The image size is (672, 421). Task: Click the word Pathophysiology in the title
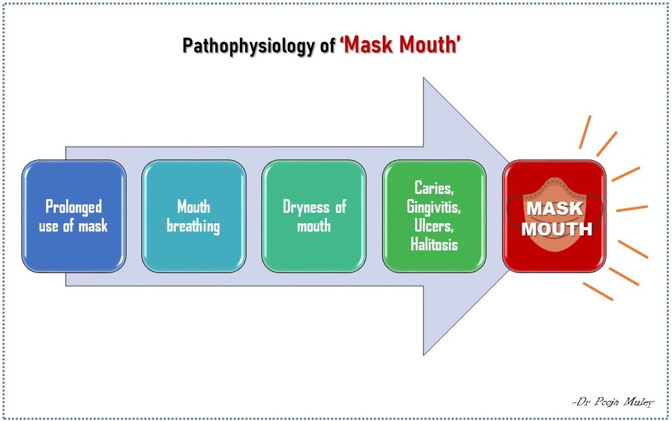tap(250, 47)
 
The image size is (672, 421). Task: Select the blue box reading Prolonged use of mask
tap(73, 216)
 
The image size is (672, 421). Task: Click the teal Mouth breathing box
tap(193, 216)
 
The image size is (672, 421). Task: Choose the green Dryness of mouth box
tap(314, 216)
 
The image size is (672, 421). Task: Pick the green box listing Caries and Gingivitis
tap(434, 216)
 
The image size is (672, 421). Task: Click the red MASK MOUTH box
tap(555, 216)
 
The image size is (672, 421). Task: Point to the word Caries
tap(433, 188)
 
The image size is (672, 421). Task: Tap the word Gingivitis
tap(434, 207)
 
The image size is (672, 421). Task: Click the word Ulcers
tap(433, 226)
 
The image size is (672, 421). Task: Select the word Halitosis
tap(434, 245)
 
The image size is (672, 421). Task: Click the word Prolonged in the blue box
tap(73, 207)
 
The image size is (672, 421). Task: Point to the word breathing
tap(193, 226)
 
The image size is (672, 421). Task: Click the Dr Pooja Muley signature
tap(613, 402)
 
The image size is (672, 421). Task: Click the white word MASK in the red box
tap(555, 209)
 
